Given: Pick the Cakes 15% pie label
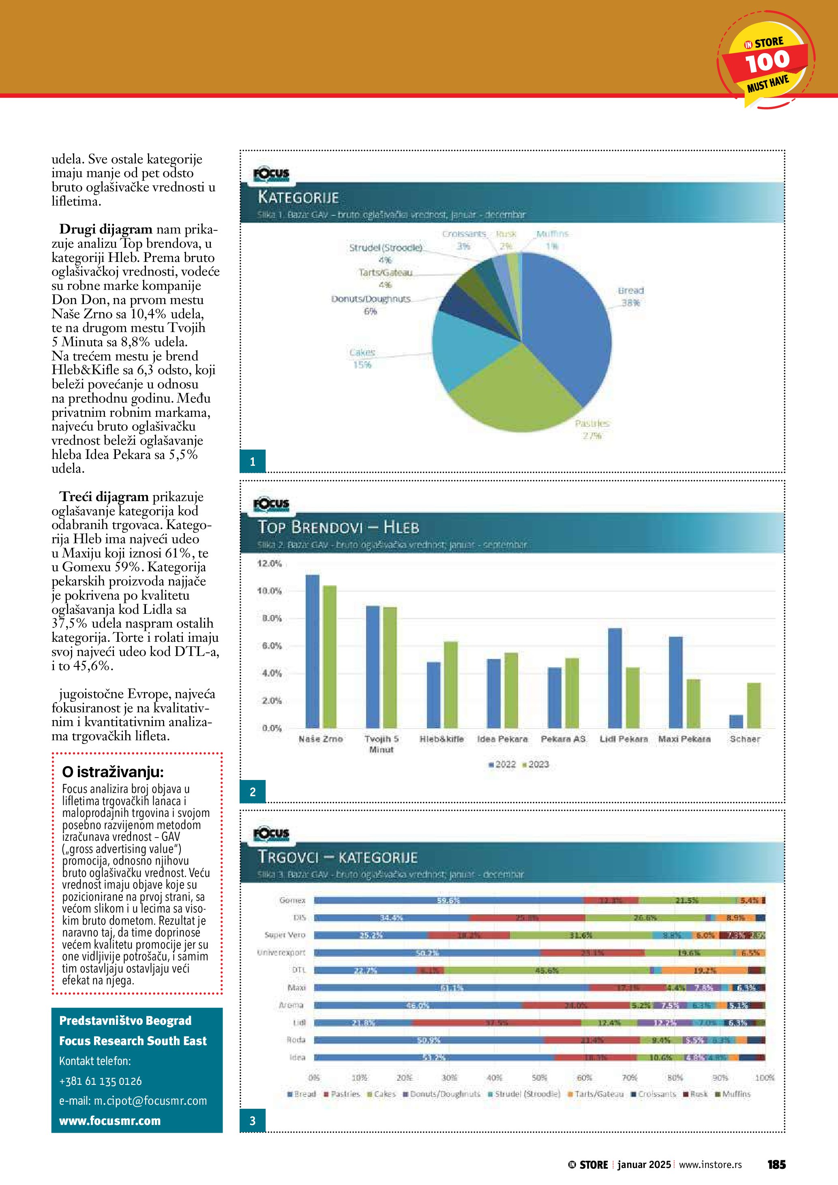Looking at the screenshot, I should pos(362,358).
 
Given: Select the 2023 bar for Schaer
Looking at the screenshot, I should pos(753,705).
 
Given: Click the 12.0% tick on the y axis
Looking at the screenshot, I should pos(269,563).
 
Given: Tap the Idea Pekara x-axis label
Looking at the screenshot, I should pos(502,739).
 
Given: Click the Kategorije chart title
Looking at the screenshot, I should pos(298,197).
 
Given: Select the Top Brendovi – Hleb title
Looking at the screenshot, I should pos(338,527).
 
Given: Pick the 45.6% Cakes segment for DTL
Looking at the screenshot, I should pos(547,970).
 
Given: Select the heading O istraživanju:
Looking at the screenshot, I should pos(112,772).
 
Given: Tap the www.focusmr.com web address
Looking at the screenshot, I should pos(110,1121).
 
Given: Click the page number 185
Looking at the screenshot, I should pos(776,1164).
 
